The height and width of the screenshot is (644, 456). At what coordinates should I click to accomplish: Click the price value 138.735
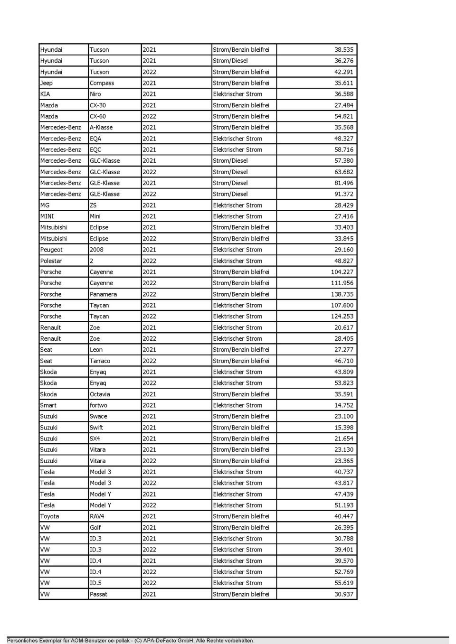point(342,294)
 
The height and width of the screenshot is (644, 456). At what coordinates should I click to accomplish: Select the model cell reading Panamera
point(103,294)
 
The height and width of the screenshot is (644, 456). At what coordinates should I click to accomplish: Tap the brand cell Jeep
point(47,83)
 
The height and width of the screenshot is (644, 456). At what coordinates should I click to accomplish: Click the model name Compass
point(102,83)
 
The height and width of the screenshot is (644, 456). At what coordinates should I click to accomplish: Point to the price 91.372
point(343,194)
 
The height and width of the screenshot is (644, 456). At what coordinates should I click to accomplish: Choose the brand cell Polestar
point(51,261)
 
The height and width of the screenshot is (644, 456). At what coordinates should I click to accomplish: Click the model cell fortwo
point(98,405)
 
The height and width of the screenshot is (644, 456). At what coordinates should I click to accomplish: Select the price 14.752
point(343,405)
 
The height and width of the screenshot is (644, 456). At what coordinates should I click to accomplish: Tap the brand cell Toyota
point(49,516)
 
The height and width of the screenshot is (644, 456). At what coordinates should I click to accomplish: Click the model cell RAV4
point(97,516)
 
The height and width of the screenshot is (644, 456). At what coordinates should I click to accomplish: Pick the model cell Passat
point(98,594)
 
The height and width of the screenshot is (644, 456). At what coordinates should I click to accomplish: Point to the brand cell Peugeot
point(51,250)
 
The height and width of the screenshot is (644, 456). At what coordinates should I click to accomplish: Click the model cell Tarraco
point(100,361)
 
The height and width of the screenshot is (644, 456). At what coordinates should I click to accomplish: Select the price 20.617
point(343,327)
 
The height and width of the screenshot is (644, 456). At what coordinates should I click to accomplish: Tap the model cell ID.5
point(95,583)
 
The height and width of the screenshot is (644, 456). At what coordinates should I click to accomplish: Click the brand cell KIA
point(45,94)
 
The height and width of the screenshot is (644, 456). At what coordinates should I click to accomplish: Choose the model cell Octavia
point(100,394)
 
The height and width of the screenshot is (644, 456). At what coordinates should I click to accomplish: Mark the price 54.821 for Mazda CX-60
point(343,116)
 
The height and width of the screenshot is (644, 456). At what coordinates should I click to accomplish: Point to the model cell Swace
point(98,416)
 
